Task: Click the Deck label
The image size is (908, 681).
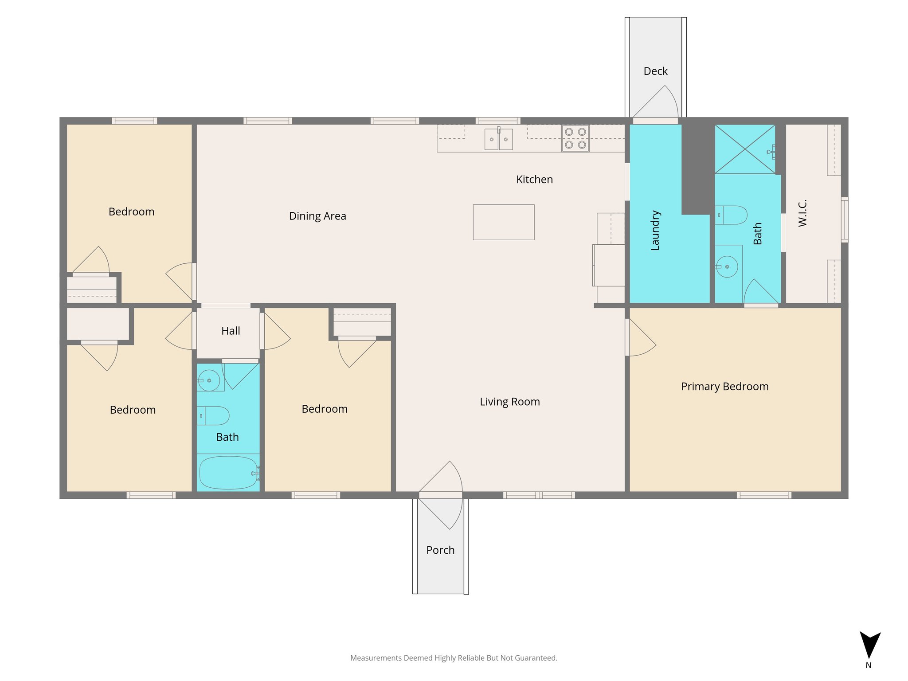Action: tap(655, 71)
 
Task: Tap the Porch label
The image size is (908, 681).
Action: tap(440, 550)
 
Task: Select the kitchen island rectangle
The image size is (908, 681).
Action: tap(503, 222)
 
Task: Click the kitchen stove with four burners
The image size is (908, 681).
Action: tap(575, 138)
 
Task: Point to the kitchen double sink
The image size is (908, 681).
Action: tap(498, 139)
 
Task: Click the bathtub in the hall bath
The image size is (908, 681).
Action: tap(228, 473)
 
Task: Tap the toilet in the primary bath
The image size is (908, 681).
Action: tap(732, 215)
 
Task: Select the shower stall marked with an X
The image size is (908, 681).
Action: tap(745, 149)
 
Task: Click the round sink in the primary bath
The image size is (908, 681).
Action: tap(727, 266)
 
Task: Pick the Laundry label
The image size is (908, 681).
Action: tap(655, 231)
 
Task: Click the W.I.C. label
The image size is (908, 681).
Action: tap(802, 213)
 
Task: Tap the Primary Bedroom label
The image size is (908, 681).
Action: tap(724, 386)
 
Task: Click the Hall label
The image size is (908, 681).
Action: tap(231, 331)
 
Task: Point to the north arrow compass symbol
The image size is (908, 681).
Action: tap(869, 646)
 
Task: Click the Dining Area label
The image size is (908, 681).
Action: tap(317, 216)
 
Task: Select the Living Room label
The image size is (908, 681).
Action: tap(510, 402)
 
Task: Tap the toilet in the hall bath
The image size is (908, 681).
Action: tap(214, 416)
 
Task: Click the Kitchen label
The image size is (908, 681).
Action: tap(534, 180)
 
